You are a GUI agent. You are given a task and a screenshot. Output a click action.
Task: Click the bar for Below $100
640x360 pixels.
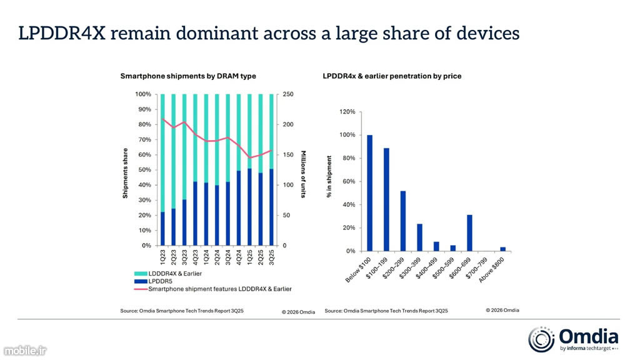tap(369, 192)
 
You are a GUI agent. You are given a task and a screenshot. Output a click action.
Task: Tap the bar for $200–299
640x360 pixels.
tap(403, 221)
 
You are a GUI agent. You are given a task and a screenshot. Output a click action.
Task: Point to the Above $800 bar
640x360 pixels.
tap(503, 249)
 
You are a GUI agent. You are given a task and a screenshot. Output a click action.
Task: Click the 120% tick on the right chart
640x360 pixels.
tap(347, 112)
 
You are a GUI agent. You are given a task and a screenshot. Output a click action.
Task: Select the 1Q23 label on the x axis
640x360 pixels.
tap(163, 258)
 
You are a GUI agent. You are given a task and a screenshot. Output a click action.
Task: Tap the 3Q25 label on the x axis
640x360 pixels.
tap(271, 258)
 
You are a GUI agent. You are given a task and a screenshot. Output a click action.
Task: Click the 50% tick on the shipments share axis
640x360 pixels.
tap(143, 170)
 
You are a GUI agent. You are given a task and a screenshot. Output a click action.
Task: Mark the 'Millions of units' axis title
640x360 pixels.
tap(302, 174)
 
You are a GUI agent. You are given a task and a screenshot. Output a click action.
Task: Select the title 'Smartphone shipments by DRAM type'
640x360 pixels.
tap(188, 76)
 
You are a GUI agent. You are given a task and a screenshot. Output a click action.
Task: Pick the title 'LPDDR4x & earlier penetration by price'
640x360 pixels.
tap(392, 76)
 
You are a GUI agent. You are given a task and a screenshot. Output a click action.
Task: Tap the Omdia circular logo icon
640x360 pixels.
tap(541, 339)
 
